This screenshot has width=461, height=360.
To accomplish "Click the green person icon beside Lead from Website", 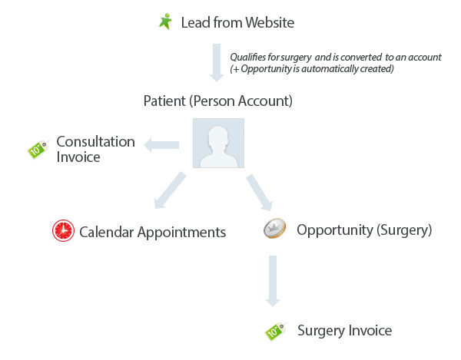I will [165, 21].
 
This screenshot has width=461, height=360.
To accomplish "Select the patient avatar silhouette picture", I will [218, 143].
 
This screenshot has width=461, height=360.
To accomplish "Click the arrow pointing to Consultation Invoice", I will [162, 143].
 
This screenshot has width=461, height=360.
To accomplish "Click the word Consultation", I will [96, 142].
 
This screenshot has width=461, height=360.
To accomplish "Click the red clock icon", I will [63, 230].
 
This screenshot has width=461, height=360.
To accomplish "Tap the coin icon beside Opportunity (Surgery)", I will [275, 230].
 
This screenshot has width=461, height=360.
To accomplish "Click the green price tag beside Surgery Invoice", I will [274, 331].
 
